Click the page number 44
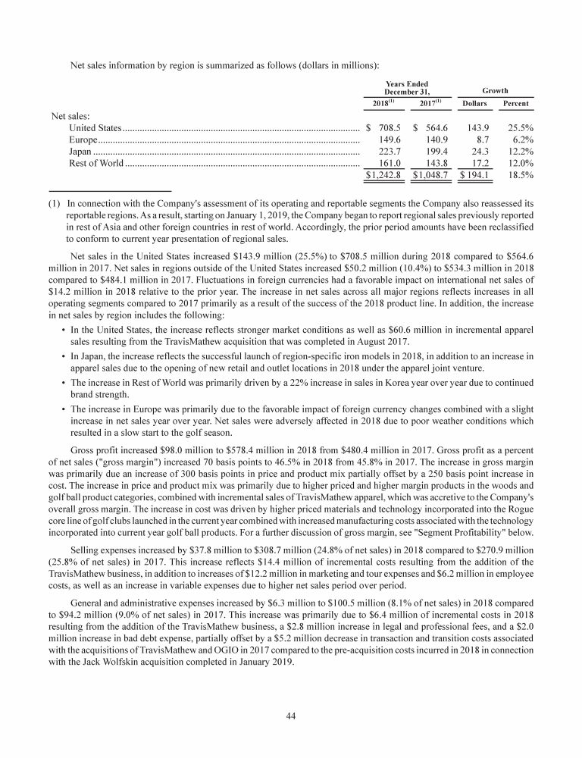(x=291, y=715)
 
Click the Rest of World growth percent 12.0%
(x=518, y=163)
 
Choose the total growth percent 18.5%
(x=518, y=175)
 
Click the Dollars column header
(x=474, y=103)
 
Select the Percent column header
(x=516, y=103)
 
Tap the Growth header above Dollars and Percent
(x=495, y=90)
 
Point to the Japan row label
(x=81, y=151)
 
